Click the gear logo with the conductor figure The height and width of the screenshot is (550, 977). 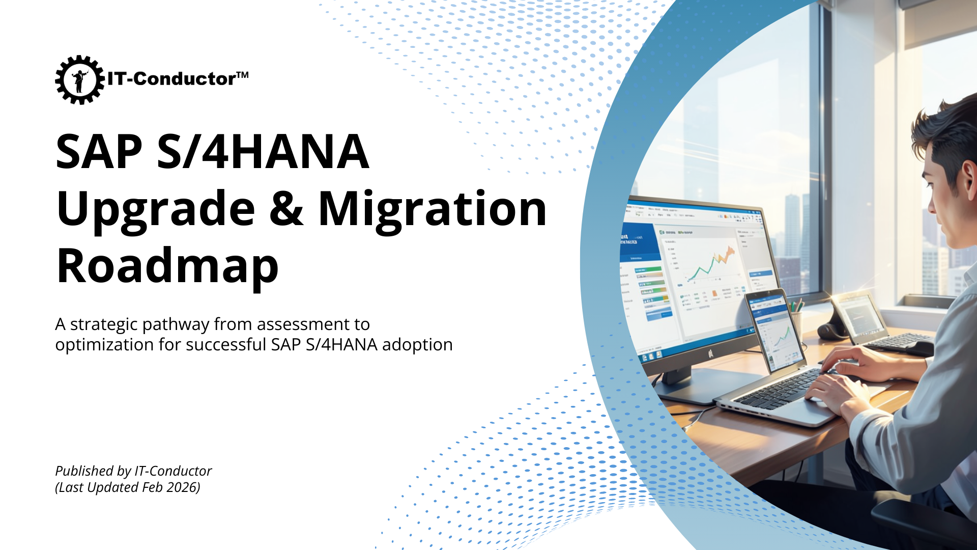[79, 79]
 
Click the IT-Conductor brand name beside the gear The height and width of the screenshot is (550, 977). [171, 79]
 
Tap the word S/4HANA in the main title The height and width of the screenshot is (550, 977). [263, 152]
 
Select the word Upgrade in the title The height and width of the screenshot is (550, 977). [156, 209]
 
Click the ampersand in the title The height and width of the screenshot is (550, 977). [286, 209]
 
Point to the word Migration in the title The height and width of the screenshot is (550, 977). [433, 209]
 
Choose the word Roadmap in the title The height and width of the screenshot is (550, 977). [167, 266]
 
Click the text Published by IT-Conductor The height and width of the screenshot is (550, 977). [133, 471]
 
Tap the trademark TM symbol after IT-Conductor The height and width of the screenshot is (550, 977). [242, 75]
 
